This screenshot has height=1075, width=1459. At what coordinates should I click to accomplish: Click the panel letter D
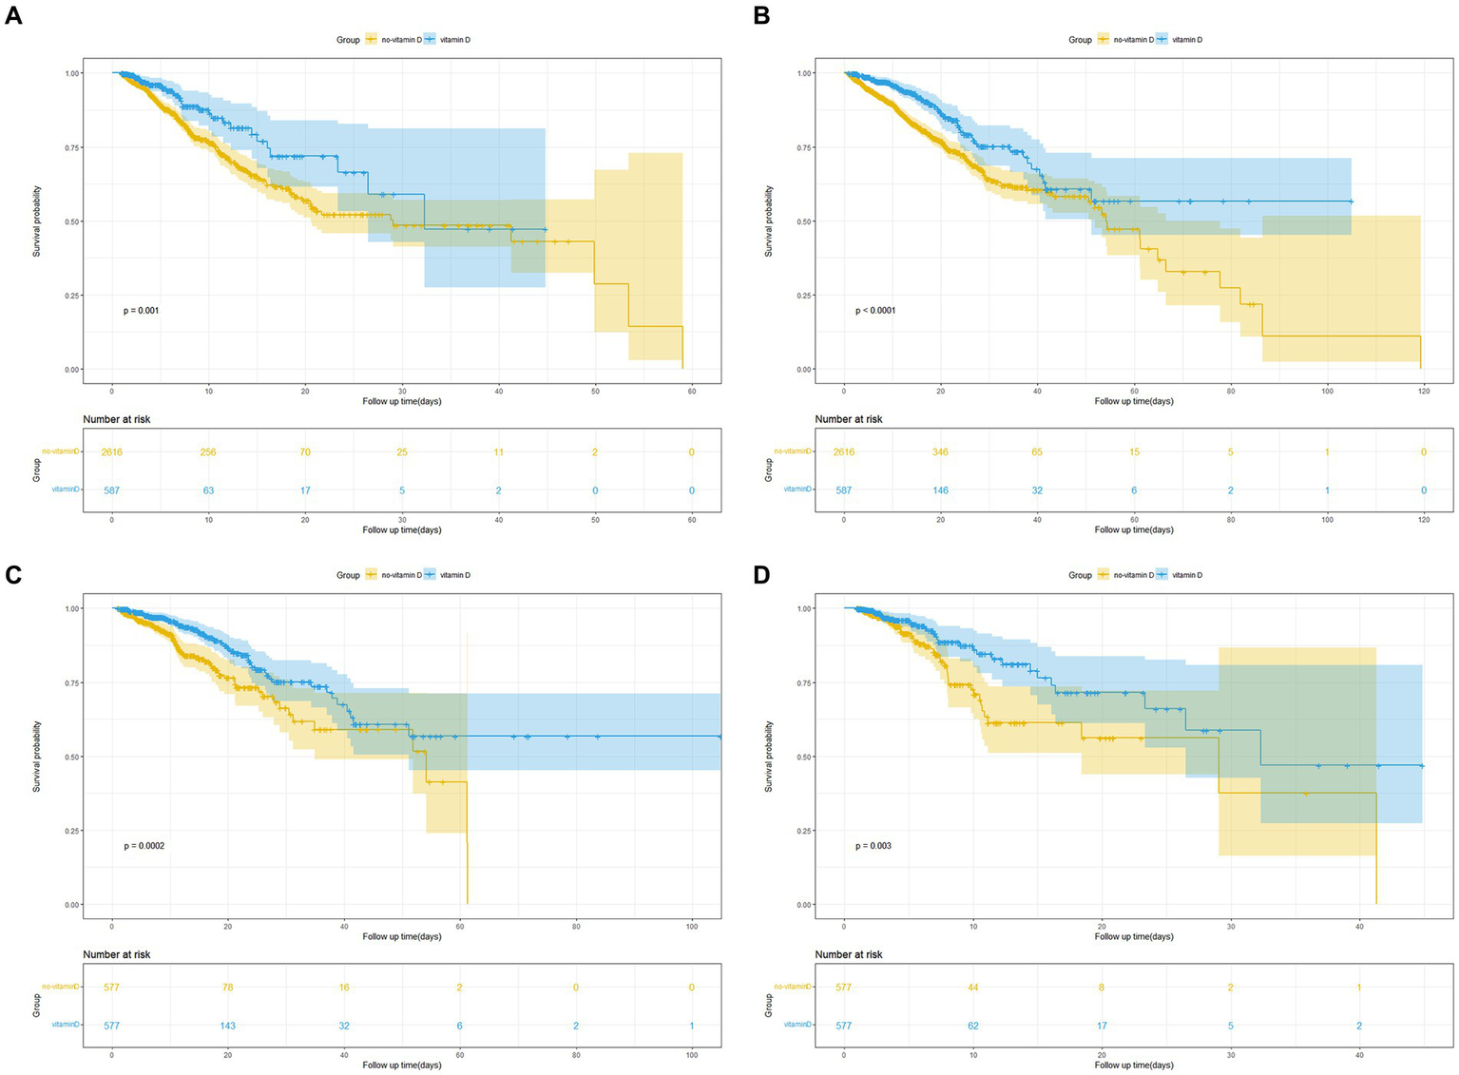point(761,575)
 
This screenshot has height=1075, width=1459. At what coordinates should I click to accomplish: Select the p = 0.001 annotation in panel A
point(142,311)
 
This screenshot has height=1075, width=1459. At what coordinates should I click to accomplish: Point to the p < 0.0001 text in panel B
point(874,311)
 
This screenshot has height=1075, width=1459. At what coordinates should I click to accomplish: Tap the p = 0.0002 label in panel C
point(144,846)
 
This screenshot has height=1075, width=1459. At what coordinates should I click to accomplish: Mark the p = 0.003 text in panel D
point(873,846)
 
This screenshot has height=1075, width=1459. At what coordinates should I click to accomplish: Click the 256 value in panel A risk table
point(208,452)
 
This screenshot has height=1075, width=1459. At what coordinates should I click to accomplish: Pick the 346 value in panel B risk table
point(940,452)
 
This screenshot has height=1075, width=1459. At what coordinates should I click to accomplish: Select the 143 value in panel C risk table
point(227,1026)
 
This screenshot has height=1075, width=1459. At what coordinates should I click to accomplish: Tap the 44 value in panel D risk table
point(972,988)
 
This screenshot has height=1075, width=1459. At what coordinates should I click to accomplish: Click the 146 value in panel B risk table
point(940,490)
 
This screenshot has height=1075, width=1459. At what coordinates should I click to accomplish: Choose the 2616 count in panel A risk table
point(112,452)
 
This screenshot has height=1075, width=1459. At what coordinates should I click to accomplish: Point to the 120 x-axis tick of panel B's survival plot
point(1423,391)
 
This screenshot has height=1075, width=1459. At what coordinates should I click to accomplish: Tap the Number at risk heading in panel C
point(116,954)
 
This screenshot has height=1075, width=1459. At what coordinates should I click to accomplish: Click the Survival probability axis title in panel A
point(37,221)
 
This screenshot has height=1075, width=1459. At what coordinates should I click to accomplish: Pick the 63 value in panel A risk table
point(208,490)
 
